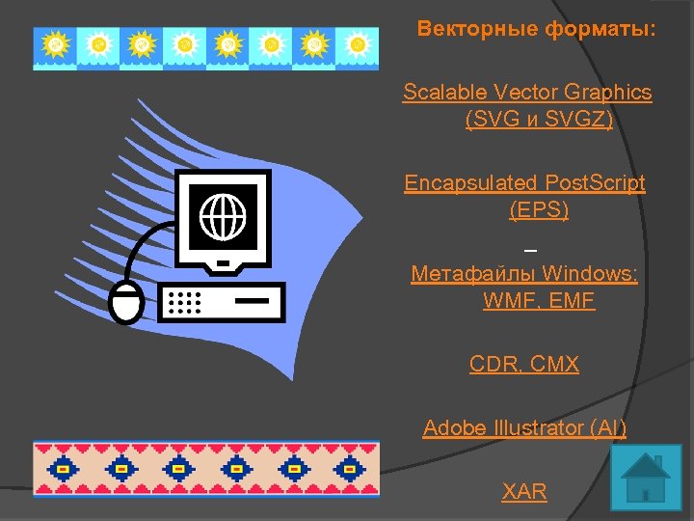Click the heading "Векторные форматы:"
tap(536, 29)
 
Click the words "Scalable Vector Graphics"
tap(527, 93)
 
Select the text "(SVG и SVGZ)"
tap(539, 120)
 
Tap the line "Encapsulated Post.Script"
tap(524, 183)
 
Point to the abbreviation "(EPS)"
tap(539, 209)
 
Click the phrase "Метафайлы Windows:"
tap(524, 274)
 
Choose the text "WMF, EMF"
tap(539, 301)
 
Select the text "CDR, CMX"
tap(524, 365)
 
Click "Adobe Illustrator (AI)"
tap(524, 427)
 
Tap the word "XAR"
tap(524, 491)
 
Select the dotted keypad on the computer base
tap(185, 302)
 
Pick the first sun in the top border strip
tap(57, 44)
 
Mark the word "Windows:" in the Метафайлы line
tap(591, 274)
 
